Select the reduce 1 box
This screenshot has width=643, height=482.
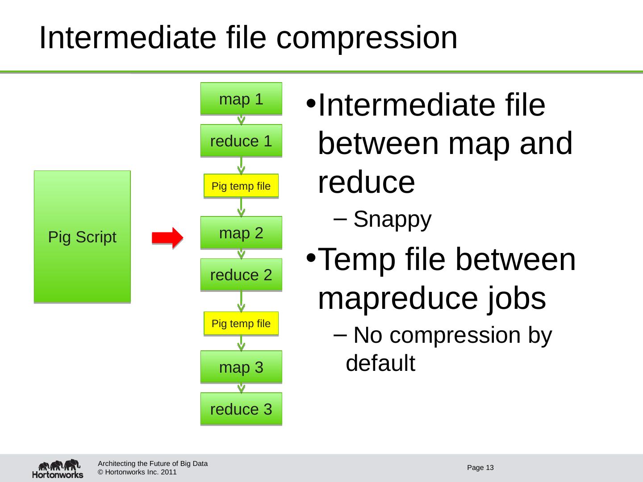(241, 141)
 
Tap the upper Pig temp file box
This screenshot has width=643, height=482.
(241, 186)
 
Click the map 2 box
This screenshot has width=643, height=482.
(241, 232)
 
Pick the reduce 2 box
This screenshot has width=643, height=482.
(241, 274)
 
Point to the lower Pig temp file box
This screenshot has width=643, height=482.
(241, 323)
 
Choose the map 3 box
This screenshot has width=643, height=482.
(241, 367)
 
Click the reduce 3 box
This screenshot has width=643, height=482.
(241, 408)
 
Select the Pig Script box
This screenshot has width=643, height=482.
(82, 237)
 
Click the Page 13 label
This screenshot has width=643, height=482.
(480, 468)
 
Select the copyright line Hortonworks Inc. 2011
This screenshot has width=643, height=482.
(137, 472)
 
